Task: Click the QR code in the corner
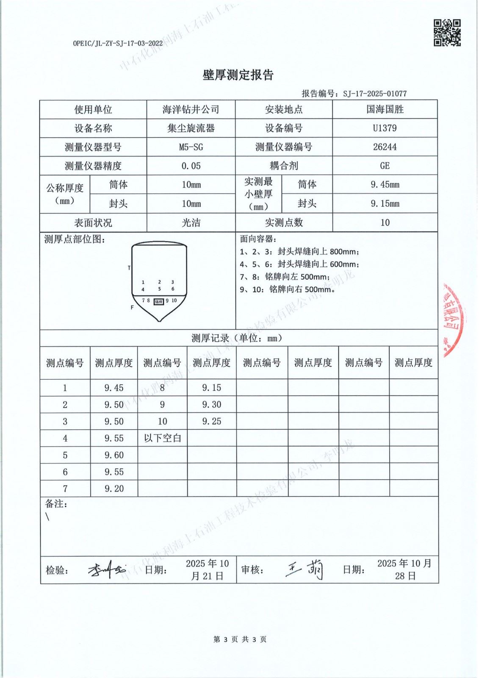point(447,33)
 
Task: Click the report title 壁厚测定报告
point(238,75)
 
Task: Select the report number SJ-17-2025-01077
point(375,94)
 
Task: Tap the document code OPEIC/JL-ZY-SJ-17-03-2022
point(118,43)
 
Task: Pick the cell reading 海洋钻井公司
point(191,110)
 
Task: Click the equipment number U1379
point(385,128)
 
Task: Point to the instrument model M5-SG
point(191,147)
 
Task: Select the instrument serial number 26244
point(385,147)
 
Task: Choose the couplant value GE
point(385,166)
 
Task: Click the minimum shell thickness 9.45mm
point(385,185)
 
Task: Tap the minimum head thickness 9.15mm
point(385,204)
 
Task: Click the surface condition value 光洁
point(191,223)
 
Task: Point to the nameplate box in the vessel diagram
point(158,302)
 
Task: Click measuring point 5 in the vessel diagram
point(160,289)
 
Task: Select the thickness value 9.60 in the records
point(114,455)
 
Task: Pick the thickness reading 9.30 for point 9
point(211,405)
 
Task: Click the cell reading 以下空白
point(162,438)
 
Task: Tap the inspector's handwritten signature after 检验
point(106,570)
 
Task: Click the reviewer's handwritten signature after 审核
point(305,570)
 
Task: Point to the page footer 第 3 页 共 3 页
point(240,639)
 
